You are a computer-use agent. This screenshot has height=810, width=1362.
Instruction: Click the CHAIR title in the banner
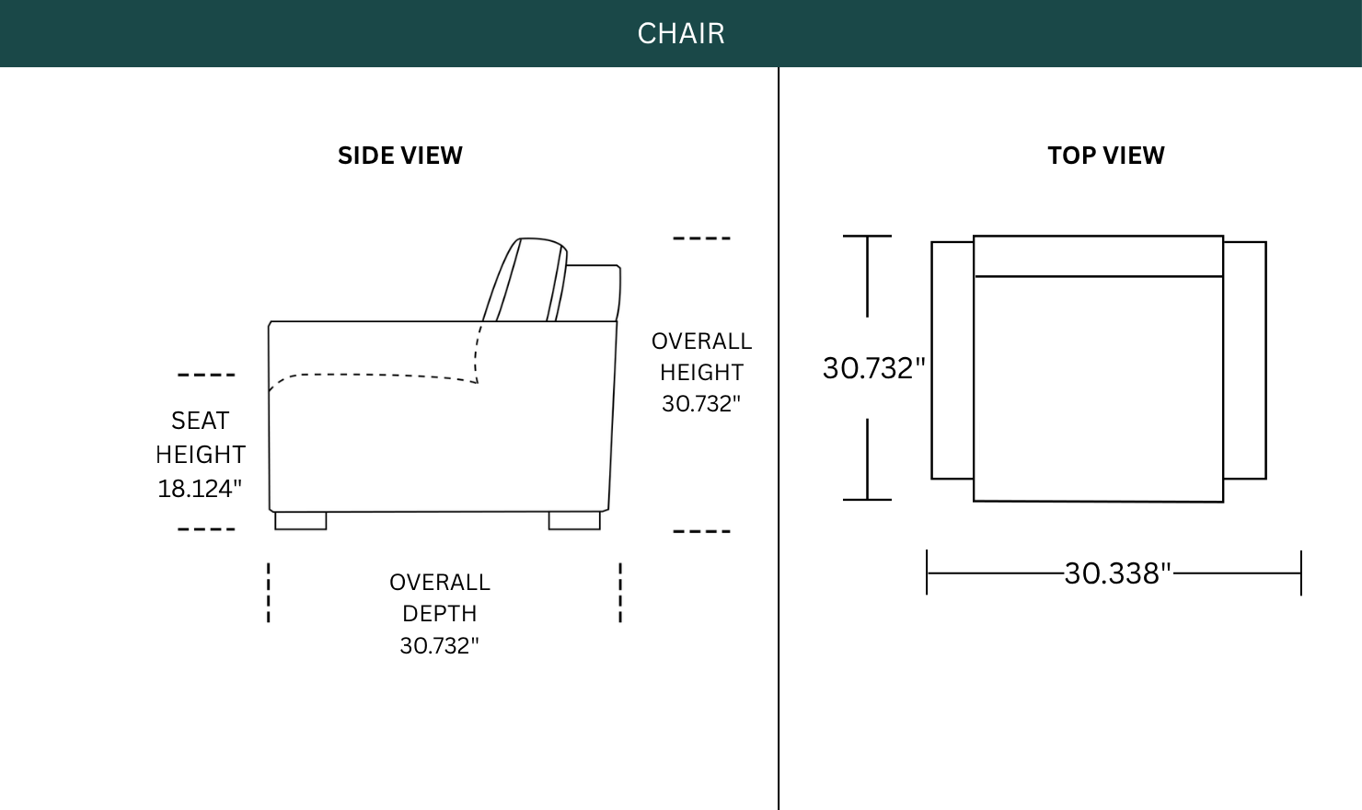pos(681,33)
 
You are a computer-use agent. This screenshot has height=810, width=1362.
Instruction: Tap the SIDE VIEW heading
pos(400,156)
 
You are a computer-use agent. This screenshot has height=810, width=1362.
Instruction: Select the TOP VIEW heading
pos(1106,156)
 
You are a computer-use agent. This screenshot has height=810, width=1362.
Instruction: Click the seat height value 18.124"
pos(200,489)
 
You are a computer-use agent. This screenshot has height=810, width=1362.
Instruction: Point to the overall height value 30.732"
pos(701,404)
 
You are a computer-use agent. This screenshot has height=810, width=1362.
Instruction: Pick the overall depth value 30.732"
pos(439,645)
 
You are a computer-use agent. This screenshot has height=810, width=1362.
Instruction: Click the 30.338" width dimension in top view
pos(1117,573)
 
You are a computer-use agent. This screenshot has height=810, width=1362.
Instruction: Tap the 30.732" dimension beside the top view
pos(873,368)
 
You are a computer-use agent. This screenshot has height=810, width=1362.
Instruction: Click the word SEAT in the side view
pos(200,421)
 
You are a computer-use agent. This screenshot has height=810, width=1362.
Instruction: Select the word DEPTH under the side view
pos(439,614)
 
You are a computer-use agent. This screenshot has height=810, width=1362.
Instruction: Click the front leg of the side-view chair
pos(300,521)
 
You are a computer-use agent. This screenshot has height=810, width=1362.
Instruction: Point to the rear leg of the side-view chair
pos(574,521)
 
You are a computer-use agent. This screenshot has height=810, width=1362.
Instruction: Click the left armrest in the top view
pos(952,361)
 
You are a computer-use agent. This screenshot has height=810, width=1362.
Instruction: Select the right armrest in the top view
pos(1244,361)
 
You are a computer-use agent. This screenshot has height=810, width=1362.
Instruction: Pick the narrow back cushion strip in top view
pos(1098,256)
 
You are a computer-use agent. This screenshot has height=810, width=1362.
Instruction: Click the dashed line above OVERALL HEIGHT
pos(701,238)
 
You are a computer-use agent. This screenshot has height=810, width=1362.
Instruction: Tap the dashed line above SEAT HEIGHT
pos(206,375)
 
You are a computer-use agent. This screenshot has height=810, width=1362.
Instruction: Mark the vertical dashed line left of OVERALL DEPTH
pos(268,593)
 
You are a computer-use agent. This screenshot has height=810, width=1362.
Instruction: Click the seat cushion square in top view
pos(1098,389)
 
